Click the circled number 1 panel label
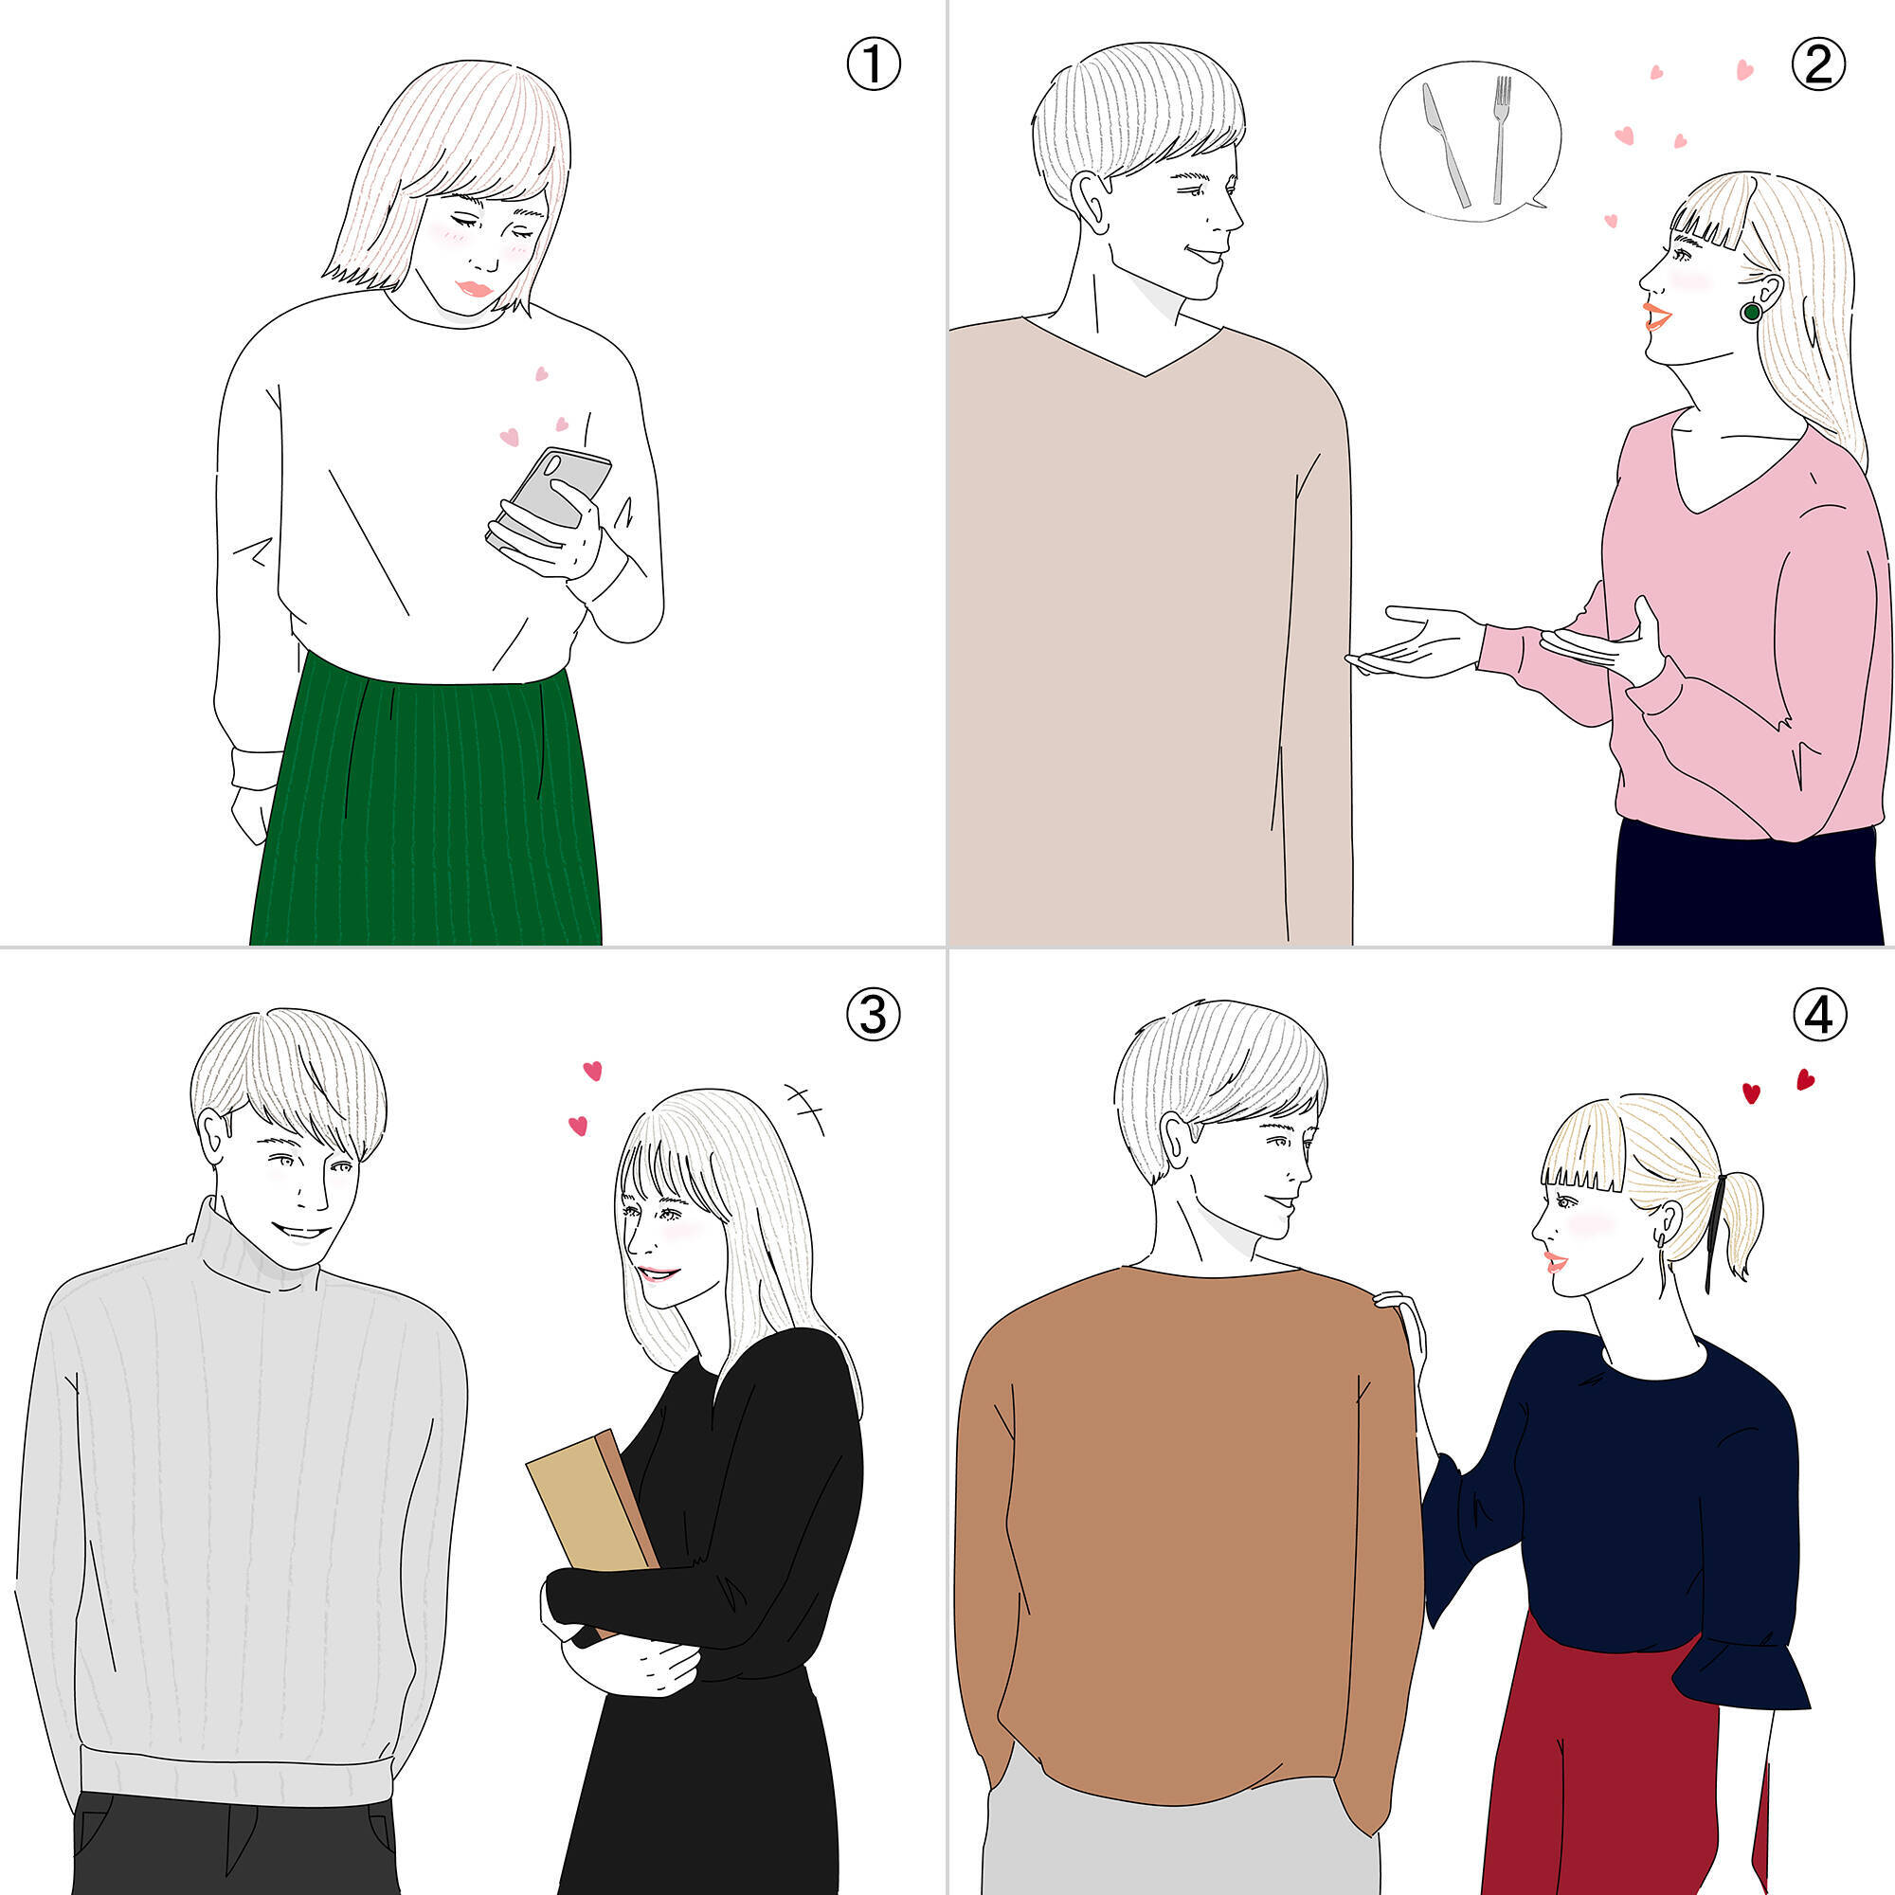[872, 63]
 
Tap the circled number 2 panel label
[1817, 63]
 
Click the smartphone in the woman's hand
[550, 496]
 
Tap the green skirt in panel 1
[426, 804]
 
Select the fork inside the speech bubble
[1501, 139]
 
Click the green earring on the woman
[1751, 312]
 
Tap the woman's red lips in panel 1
[476, 289]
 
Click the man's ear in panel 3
[214, 1136]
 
